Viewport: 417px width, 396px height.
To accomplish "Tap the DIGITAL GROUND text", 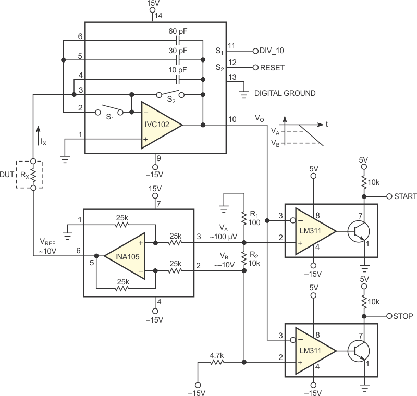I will pyautogui.click(x=285, y=93).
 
